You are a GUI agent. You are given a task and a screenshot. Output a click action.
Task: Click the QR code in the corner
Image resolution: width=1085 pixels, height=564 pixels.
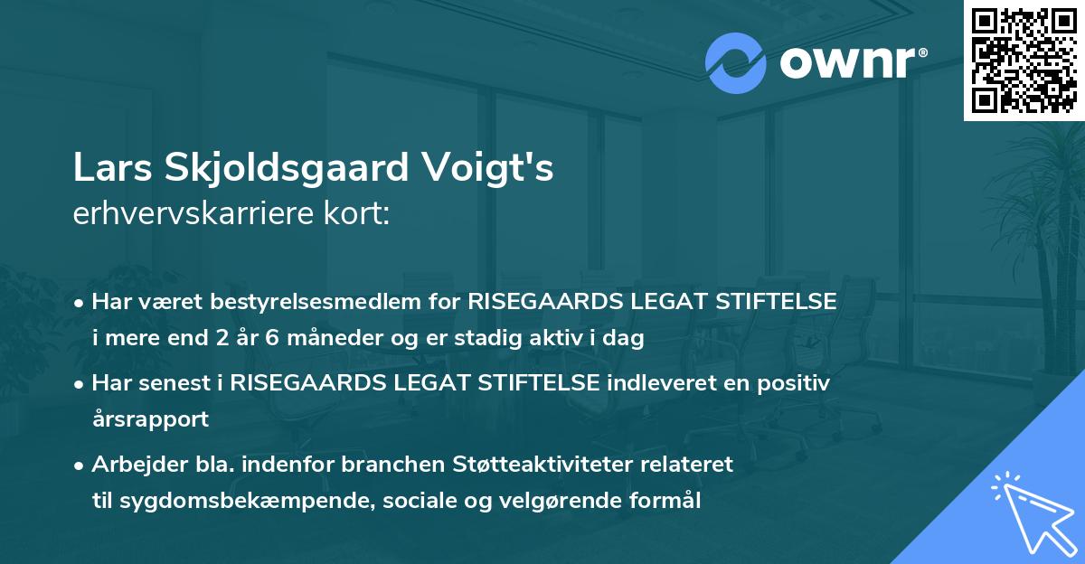pos(1024,60)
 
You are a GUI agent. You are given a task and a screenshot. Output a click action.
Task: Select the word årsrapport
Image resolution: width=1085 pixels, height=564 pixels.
pos(149,419)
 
